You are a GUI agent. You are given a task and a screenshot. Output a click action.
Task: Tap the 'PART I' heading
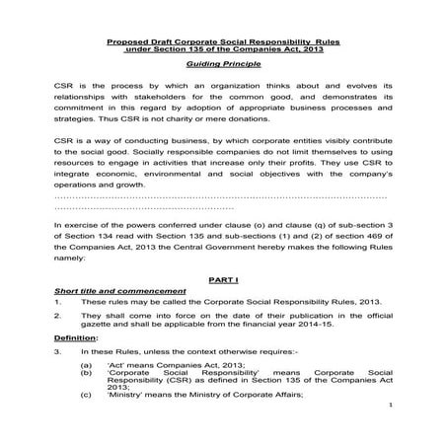point(223,281)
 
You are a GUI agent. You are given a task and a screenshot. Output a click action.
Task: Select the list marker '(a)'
point(88,365)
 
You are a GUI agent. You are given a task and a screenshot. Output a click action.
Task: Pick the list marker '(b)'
point(88,375)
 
